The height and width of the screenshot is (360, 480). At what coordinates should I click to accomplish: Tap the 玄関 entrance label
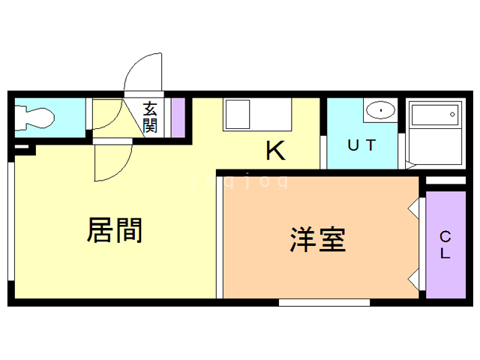[151, 117]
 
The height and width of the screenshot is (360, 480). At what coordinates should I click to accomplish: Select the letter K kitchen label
[275, 151]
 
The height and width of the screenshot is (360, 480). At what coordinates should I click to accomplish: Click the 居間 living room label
[115, 230]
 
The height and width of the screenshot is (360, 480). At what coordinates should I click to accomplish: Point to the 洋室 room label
[318, 239]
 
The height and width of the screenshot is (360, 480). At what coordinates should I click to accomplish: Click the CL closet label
[445, 244]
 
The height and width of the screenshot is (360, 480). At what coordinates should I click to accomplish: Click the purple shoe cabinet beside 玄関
[178, 116]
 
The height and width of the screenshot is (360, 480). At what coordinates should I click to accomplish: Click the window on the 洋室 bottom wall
[324, 302]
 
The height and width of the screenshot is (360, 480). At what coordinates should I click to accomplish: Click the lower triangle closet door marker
[413, 280]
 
